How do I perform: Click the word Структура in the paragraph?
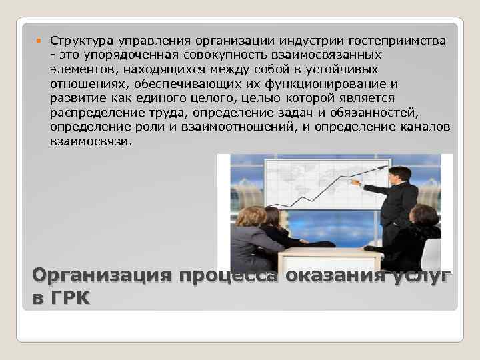pyautogui.click(x=78, y=42)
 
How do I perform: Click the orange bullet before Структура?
pyautogui.click(x=38, y=42)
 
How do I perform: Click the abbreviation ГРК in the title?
pyautogui.click(x=71, y=298)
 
